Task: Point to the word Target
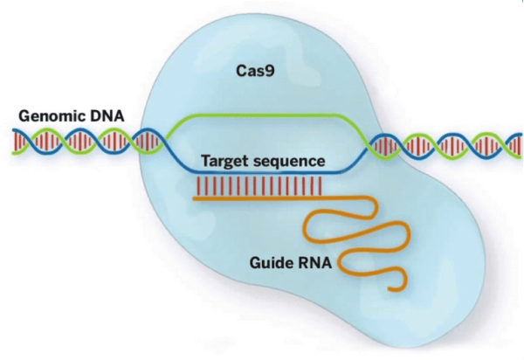tap(225, 162)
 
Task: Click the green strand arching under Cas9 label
tap(262, 114)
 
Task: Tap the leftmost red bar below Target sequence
tap(198, 185)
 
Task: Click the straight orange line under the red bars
tap(262, 200)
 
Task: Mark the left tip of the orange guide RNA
tap(194, 200)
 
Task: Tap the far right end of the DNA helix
tap(521, 142)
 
